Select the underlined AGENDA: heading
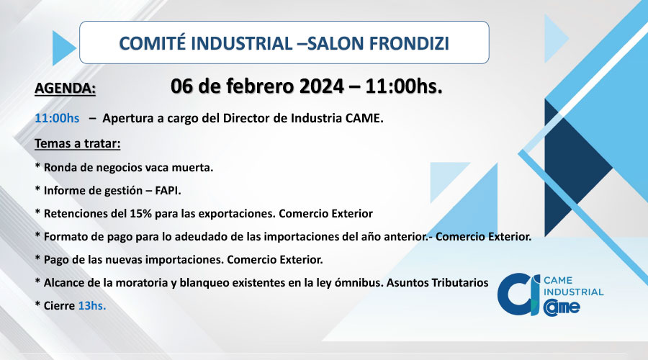point(65,89)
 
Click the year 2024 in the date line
point(322,86)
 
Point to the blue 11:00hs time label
point(57,118)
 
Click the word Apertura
point(127,119)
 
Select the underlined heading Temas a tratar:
point(77,143)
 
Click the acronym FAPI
point(167,191)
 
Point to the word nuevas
point(124,260)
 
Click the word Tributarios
point(460,283)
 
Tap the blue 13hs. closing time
point(91,306)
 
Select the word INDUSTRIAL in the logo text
point(574,292)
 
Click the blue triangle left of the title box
point(63,48)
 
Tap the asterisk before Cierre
point(37,305)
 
